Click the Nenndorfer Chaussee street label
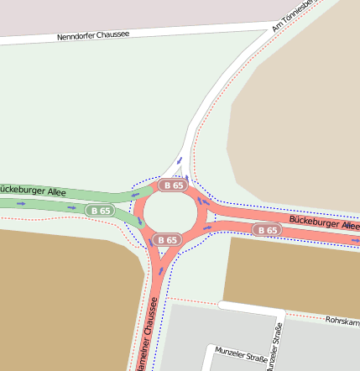pos(93,36)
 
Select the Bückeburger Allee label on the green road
pos(33,191)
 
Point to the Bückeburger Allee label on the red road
pos(324,222)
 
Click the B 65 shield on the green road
pos(102,210)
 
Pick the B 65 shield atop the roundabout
pos(174,185)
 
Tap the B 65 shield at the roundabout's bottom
pos(167,239)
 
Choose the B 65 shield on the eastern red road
pos(268,229)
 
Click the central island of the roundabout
pos(170,212)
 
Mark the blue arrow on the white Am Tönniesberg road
pos(179,160)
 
